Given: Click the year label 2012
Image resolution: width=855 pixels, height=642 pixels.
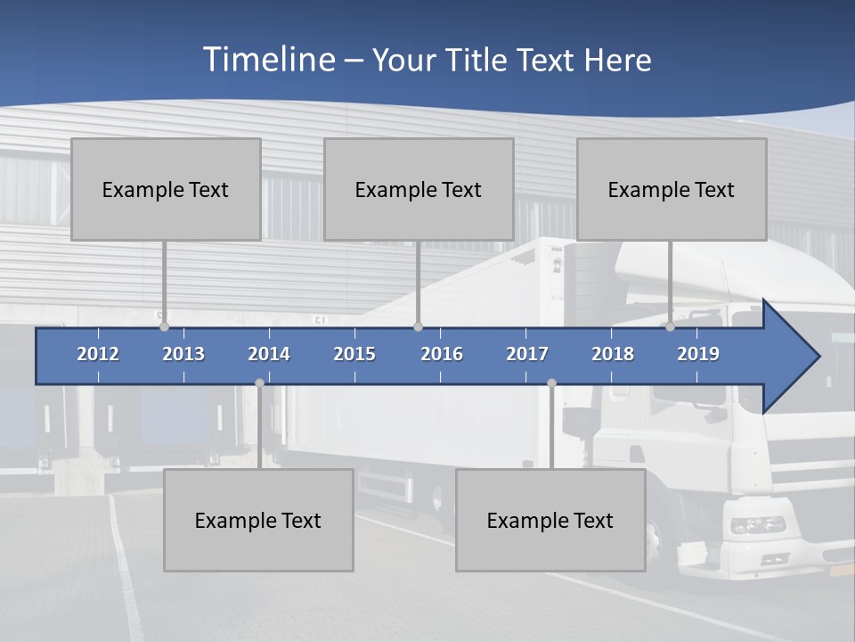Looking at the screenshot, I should coord(98,354).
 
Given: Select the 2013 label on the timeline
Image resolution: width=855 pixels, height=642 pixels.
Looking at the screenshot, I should coord(183,354).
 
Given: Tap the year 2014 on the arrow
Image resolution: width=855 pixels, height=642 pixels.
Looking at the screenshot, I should coord(269,354).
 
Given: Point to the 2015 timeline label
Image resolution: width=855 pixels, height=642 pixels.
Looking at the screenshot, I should coord(354,354).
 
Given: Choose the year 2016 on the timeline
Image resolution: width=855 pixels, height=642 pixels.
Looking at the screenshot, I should coord(442,354).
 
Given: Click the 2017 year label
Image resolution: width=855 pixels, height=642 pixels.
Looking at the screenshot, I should coord(527,354).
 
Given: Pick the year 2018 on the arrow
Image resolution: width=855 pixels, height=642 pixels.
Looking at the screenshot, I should coord(613,354).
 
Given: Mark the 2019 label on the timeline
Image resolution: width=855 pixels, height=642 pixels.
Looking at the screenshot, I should coord(698,354).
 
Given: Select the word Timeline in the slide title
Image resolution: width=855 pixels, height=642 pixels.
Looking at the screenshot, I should coord(267,60).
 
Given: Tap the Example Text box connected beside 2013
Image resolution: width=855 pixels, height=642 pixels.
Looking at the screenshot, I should coord(166,189).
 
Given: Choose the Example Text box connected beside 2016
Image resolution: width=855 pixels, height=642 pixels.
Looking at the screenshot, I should coord(419,189).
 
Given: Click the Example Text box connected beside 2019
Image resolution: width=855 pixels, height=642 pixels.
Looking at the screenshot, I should coord(672,189).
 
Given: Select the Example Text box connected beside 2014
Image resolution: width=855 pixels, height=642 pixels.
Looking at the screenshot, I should coord(258,520).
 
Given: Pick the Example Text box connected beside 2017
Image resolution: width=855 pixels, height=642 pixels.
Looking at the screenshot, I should coord(550,520).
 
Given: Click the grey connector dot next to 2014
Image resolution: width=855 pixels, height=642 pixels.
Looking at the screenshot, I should coord(259,383).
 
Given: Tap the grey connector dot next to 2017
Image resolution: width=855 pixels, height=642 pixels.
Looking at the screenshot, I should coord(551,383).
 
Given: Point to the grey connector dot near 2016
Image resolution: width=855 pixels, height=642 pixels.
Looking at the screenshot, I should coord(418,327).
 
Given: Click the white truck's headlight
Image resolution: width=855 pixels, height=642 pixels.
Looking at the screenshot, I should coord(758,525).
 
